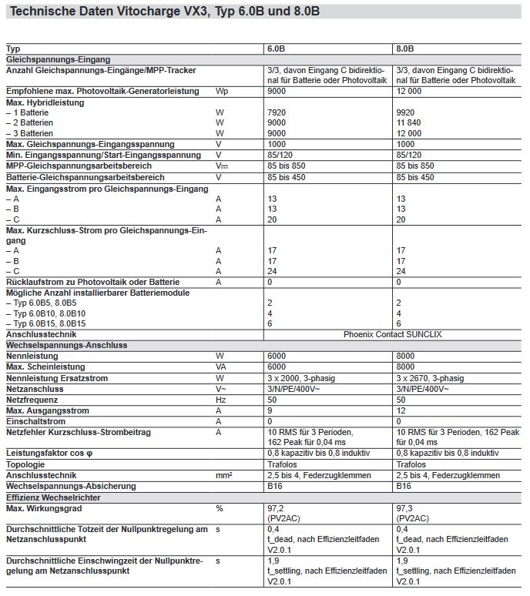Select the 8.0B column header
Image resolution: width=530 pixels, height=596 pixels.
(404, 49)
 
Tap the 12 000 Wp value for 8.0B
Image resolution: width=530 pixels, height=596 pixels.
(410, 92)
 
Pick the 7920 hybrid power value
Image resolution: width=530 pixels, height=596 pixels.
(276, 112)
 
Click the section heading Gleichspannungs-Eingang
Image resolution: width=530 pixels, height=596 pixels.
(58, 59)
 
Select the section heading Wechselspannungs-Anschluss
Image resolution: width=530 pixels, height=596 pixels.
(66, 346)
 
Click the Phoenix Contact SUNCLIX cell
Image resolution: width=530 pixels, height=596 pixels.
(393, 335)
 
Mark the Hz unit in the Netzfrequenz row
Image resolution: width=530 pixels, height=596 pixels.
(220, 400)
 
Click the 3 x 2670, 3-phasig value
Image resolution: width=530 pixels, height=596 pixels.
(430, 379)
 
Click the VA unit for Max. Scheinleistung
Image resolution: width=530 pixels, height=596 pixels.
(221, 368)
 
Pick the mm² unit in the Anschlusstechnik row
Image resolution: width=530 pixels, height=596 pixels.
(223, 476)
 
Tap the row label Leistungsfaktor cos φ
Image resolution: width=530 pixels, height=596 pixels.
(51, 454)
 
